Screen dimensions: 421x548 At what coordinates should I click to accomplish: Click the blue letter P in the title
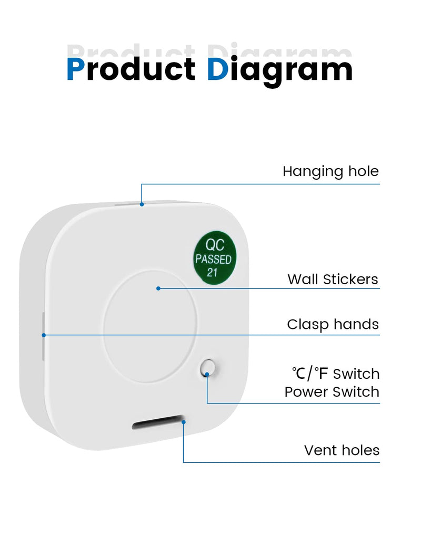pyautogui.click(x=76, y=69)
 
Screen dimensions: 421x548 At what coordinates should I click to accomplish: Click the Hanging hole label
pyautogui.click(x=330, y=172)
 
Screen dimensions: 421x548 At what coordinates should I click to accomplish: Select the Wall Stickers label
pyautogui.click(x=333, y=279)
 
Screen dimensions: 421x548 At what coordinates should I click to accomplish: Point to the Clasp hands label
pyautogui.click(x=333, y=324)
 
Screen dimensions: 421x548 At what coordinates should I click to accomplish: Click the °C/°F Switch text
pyautogui.click(x=336, y=374)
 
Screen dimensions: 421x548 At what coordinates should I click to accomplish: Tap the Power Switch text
pyautogui.click(x=332, y=392)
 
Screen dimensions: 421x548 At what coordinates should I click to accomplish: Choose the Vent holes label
pyautogui.click(x=342, y=450)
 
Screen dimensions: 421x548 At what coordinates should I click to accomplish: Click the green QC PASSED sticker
pyautogui.click(x=215, y=257)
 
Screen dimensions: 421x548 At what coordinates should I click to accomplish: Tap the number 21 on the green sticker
pyautogui.click(x=212, y=273)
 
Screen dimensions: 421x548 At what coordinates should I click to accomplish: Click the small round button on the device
pyautogui.click(x=207, y=368)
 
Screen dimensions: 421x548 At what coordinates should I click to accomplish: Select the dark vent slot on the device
pyautogui.click(x=158, y=422)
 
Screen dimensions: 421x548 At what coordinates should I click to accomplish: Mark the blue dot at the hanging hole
pyautogui.click(x=142, y=204)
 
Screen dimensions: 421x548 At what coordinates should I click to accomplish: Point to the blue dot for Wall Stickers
pyautogui.click(x=158, y=288)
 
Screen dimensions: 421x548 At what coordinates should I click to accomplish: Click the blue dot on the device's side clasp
pyautogui.click(x=44, y=335)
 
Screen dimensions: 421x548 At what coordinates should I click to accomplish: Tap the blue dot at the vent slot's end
pyautogui.click(x=183, y=422)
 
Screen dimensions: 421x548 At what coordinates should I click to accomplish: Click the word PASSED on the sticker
pyautogui.click(x=214, y=260)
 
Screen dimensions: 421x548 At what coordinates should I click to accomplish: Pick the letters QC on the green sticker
pyautogui.click(x=215, y=245)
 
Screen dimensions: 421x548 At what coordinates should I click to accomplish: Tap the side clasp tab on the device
pyautogui.click(x=43, y=336)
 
